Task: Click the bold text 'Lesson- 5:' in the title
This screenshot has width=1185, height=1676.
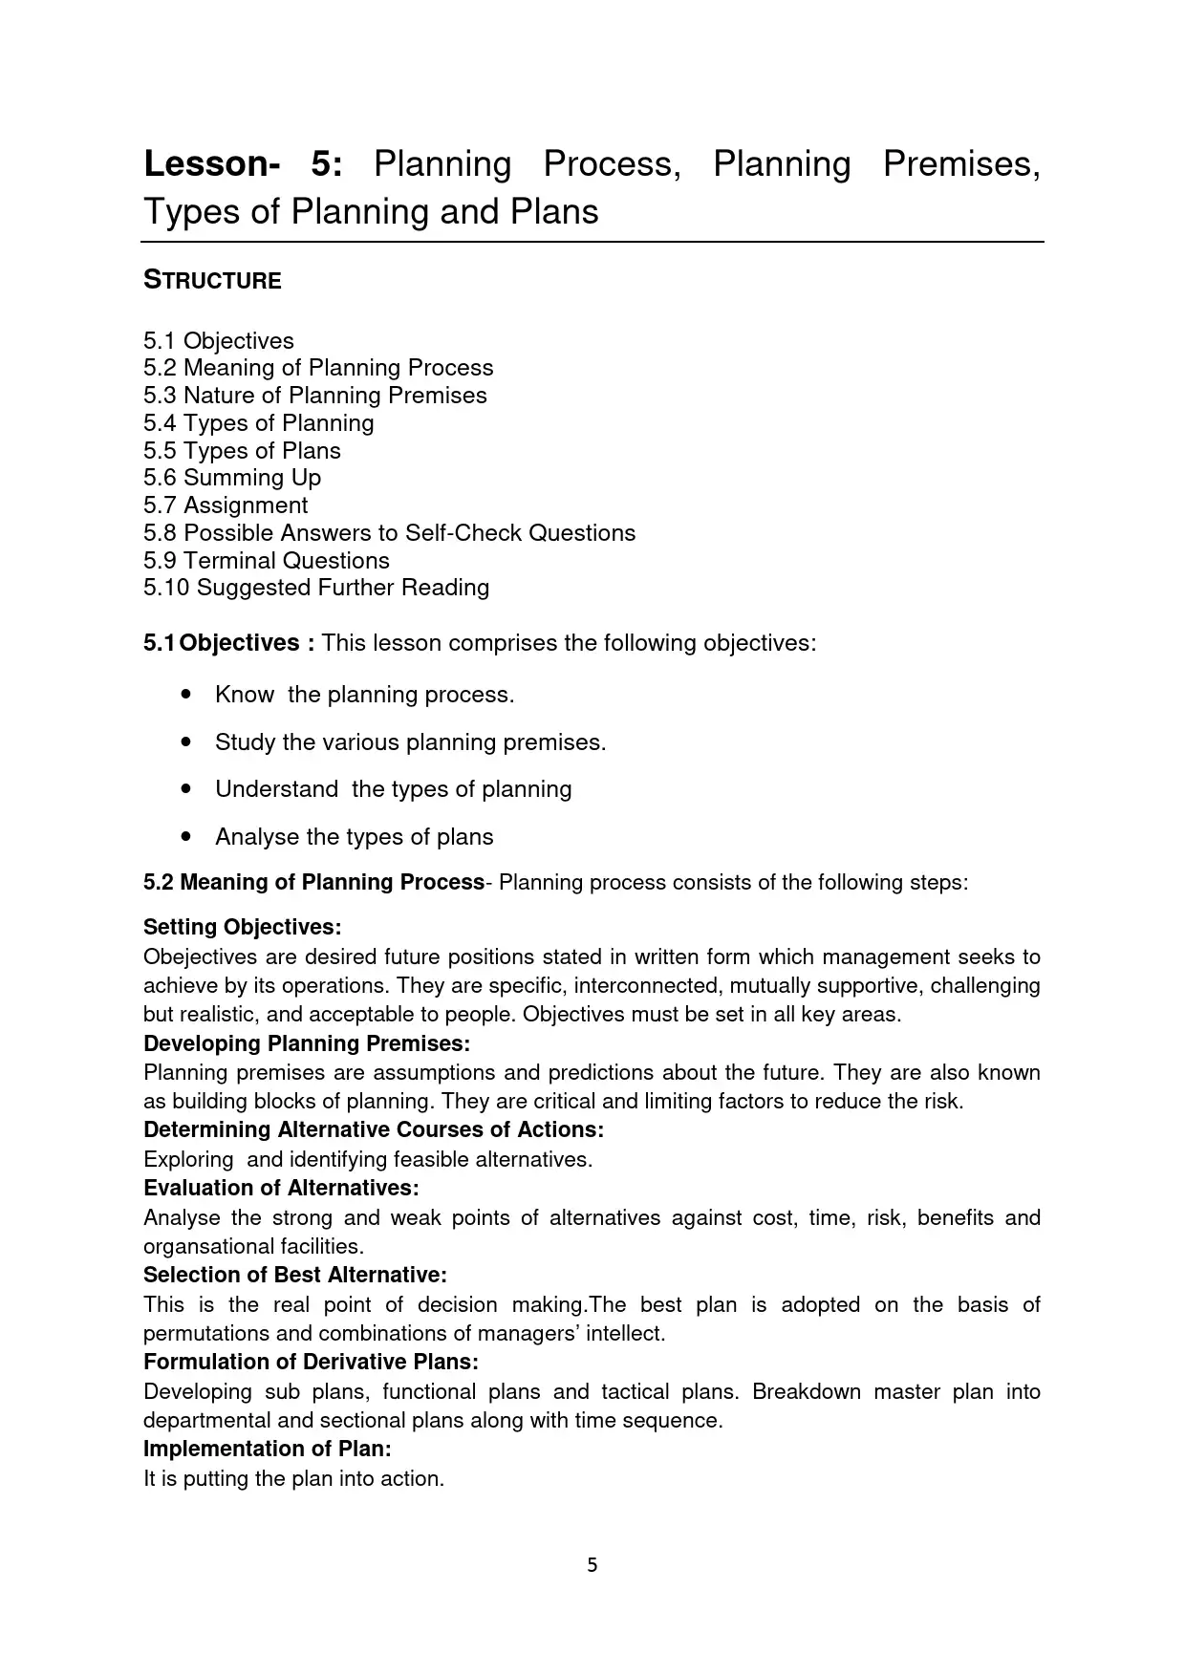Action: (243, 164)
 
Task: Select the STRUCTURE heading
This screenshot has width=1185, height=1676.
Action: (212, 281)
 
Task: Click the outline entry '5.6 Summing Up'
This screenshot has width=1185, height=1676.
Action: (232, 478)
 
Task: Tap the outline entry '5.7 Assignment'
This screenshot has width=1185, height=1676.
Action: (226, 505)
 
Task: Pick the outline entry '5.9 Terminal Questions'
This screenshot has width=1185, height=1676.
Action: (267, 561)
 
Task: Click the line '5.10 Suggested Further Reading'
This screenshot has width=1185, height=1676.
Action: (316, 588)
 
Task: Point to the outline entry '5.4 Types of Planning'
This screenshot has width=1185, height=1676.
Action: (259, 423)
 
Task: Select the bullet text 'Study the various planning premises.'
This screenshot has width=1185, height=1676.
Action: (410, 742)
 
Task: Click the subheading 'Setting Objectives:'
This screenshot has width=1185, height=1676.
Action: (242, 927)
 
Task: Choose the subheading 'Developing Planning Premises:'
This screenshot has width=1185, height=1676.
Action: (307, 1043)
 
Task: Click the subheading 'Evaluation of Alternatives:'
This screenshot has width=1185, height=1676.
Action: (281, 1188)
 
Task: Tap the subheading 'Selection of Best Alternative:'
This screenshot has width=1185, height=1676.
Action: (295, 1275)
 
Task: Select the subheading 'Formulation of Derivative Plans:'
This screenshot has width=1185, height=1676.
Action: (311, 1362)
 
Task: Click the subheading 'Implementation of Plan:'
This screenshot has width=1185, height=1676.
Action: (268, 1449)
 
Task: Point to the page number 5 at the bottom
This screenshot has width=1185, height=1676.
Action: (592, 1565)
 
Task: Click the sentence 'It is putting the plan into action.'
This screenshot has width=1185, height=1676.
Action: (294, 1479)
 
